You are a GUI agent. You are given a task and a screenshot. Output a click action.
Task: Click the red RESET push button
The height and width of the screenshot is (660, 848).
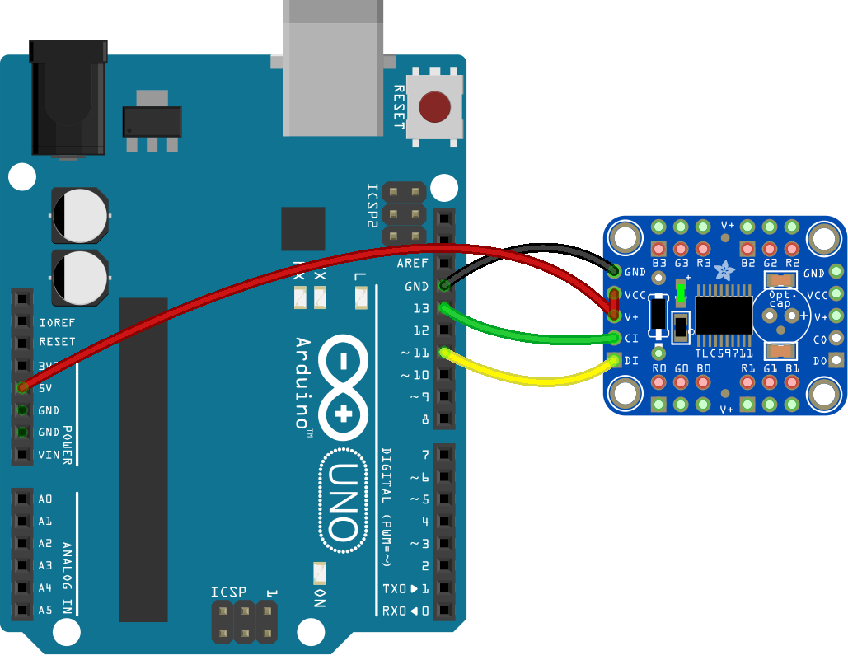click(434, 107)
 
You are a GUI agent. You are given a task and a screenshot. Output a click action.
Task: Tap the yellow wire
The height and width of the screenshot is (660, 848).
click(527, 379)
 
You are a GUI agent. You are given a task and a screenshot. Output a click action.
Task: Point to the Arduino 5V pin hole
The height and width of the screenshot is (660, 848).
click(22, 386)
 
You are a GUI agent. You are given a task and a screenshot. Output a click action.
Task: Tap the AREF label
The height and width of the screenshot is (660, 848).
click(412, 264)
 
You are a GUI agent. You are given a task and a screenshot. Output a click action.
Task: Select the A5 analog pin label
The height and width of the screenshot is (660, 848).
click(45, 611)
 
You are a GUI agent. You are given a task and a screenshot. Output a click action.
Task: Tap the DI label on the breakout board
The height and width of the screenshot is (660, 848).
click(633, 360)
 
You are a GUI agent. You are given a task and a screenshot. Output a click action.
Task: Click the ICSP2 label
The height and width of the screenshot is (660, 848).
click(372, 205)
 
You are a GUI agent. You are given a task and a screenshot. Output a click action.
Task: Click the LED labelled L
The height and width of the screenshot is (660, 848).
click(360, 297)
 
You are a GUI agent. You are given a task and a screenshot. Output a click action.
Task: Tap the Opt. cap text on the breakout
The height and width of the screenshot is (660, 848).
click(780, 299)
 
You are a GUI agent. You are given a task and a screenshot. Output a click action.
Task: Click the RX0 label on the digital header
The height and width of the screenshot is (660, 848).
click(394, 611)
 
